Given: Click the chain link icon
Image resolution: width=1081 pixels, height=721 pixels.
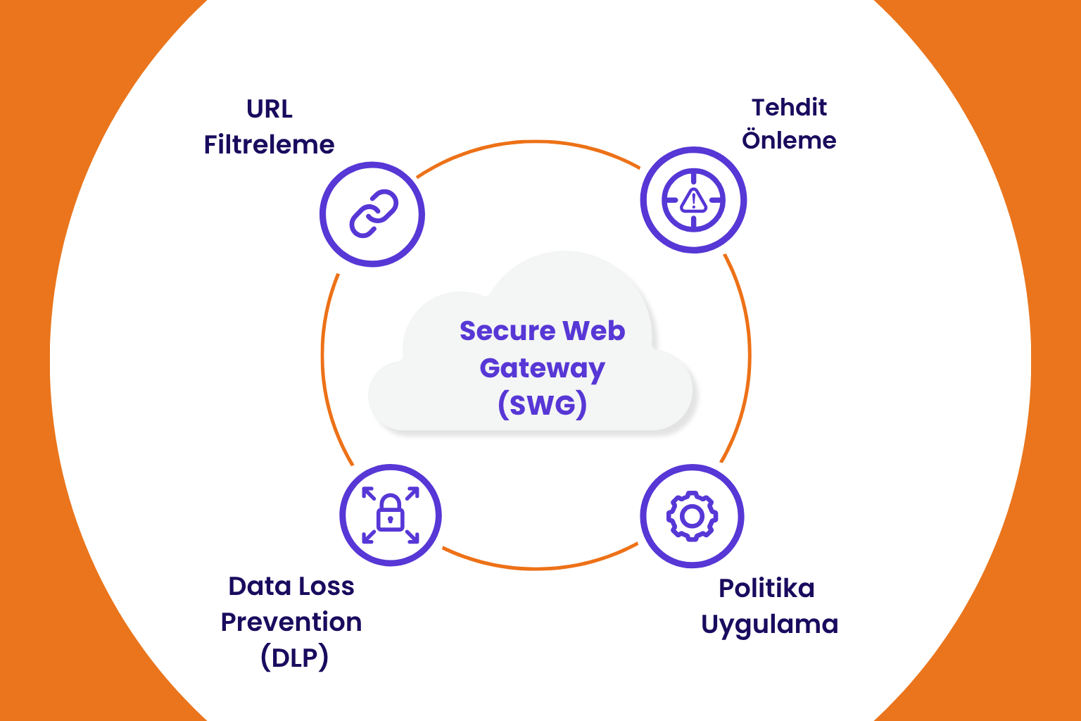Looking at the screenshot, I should pos(373,213).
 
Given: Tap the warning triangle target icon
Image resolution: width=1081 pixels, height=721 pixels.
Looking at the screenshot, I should pos(693,200).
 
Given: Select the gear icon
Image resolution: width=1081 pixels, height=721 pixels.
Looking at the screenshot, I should pos(692,516).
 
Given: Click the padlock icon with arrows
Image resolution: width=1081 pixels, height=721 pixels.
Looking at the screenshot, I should pos(391,515).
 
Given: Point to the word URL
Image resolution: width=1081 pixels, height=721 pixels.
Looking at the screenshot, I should pos(270,109).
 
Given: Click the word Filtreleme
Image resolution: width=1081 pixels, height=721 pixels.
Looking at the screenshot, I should pos(269,144).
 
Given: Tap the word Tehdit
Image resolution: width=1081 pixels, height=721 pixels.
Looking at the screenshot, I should pos(789,107).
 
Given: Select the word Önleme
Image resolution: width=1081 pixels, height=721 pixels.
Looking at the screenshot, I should pos(789,139).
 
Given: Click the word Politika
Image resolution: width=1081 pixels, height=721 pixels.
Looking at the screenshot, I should pos(766,588).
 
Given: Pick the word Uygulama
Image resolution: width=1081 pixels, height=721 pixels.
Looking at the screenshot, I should pos(769,624).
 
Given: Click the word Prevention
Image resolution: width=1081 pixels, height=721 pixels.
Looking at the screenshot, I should pos(291,622).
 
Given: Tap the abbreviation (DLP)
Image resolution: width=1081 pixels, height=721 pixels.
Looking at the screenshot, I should pos(294,658).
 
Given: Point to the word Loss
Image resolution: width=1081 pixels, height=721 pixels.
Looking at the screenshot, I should pos(324,586).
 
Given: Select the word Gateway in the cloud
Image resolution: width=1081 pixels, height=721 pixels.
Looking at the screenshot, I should pos(542,368).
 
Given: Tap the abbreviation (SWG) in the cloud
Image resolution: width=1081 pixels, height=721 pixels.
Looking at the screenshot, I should pos(542,405).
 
